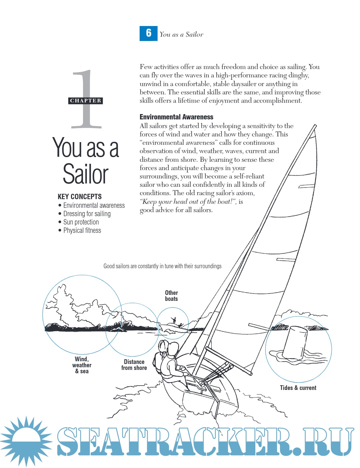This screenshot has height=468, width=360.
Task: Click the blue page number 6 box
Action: click(x=148, y=33)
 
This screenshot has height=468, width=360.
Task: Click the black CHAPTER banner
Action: click(x=85, y=101)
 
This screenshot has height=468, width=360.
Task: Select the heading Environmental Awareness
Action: click(x=176, y=117)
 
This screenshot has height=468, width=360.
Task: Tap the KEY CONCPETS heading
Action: click(x=80, y=196)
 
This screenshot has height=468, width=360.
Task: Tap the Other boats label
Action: click(x=172, y=296)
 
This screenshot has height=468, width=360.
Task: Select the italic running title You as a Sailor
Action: click(x=181, y=34)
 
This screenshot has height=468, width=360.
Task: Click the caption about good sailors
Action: click(x=162, y=266)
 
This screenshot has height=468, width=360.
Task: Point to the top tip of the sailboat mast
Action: click(x=315, y=125)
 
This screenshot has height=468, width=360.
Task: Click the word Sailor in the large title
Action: click(x=85, y=174)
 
